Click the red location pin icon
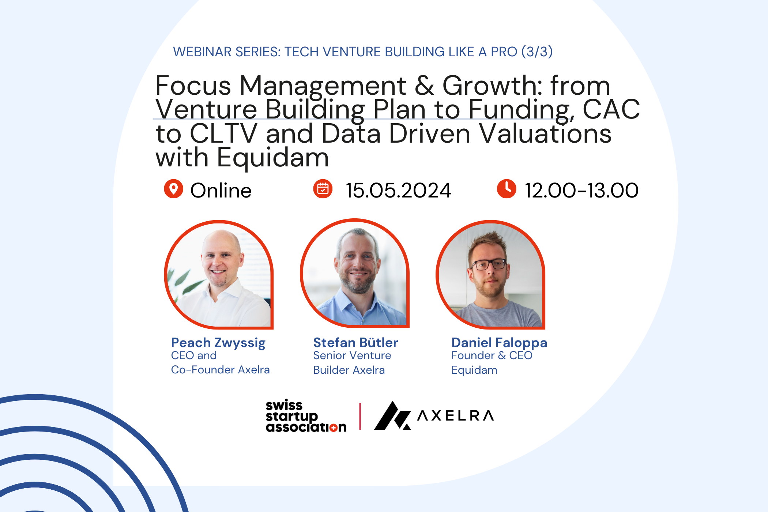[x=173, y=189]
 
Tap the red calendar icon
[x=323, y=189]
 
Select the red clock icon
[x=507, y=189]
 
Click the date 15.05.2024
[x=399, y=191]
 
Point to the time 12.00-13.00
[x=582, y=191]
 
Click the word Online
[x=221, y=191]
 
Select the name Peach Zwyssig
[x=218, y=343]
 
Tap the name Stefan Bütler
[x=355, y=343]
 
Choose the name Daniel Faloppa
[x=499, y=343]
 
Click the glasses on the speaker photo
[x=489, y=264]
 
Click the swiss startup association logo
[x=306, y=416]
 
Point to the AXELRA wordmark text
[x=456, y=415]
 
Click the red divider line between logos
[x=360, y=416]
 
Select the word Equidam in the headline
[x=273, y=158]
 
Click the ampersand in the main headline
[x=424, y=86]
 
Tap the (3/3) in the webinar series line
[x=537, y=52]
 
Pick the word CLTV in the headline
[x=223, y=133]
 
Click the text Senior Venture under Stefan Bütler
[x=352, y=355]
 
